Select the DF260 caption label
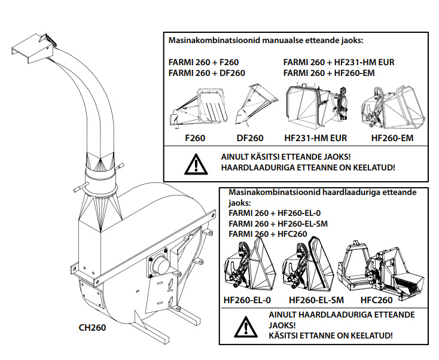(249, 138)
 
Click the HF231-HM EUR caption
(316, 138)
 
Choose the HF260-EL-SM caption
(316, 300)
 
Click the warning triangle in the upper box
(194, 163)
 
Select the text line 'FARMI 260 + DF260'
(207, 73)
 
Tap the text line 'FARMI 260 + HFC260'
(268, 234)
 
